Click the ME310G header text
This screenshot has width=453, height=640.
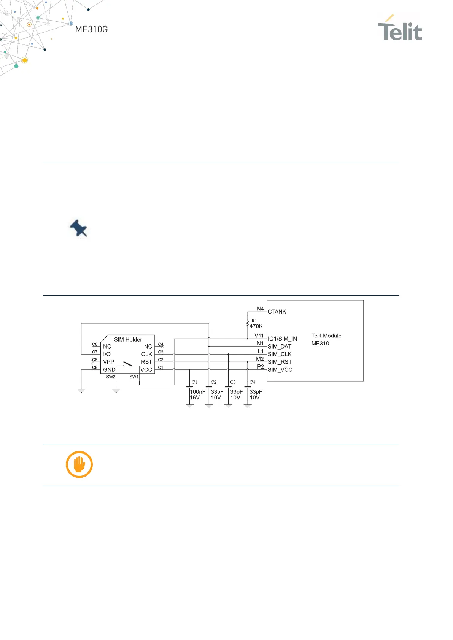91,29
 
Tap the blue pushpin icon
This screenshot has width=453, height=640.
79,228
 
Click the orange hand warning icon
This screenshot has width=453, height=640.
79,464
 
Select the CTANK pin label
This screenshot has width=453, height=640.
277,312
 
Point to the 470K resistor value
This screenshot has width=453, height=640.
256,326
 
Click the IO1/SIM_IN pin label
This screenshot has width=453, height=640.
282,339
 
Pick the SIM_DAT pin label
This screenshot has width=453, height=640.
280,347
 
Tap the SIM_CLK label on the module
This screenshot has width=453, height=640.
280,354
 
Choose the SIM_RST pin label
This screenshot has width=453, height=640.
280,362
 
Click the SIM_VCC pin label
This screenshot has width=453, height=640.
280,369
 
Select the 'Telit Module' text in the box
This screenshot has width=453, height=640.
326,336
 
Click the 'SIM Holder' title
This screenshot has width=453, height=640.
128,339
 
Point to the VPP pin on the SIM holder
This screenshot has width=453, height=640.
108,362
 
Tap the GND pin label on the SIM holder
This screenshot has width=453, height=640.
109,369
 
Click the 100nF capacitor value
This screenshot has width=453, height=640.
197,391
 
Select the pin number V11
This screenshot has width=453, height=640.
259,336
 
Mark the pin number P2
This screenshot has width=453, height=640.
261,367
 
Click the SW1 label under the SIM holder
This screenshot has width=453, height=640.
134,377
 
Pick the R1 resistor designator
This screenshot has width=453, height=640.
254,321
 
